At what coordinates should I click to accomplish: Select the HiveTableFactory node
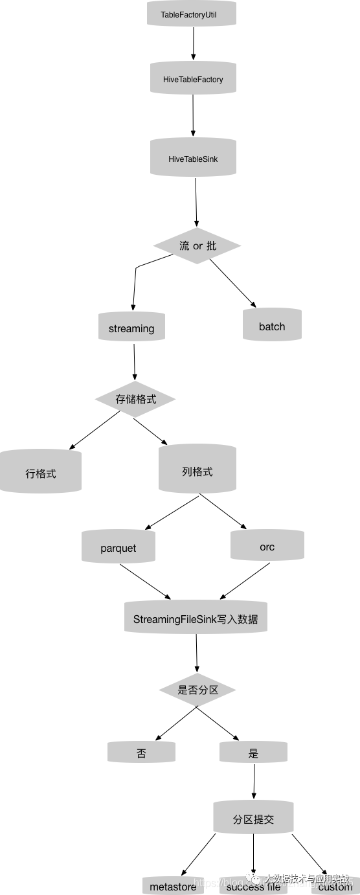[x=193, y=79]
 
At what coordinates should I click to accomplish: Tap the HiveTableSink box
[x=193, y=158]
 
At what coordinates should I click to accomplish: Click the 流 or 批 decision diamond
[x=197, y=246]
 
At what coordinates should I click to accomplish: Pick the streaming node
[x=131, y=328]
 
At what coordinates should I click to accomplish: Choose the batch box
[x=272, y=326]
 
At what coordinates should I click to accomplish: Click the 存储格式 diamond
[x=135, y=399]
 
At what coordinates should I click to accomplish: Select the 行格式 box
[x=41, y=473]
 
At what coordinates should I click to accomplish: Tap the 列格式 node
[x=197, y=471]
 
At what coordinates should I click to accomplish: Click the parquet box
[x=118, y=548]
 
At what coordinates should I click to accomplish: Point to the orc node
[x=267, y=547]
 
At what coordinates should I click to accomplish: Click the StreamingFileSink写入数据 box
[x=196, y=618]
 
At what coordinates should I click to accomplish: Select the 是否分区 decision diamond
[x=197, y=690]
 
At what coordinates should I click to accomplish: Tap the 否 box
[x=141, y=753]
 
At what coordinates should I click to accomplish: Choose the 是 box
[x=253, y=753]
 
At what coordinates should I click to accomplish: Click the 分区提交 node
[x=253, y=819]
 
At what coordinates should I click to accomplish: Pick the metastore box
[x=173, y=886]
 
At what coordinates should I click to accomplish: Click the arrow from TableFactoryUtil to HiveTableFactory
[x=193, y=43]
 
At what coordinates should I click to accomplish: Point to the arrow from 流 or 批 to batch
[x=232, y=282]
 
